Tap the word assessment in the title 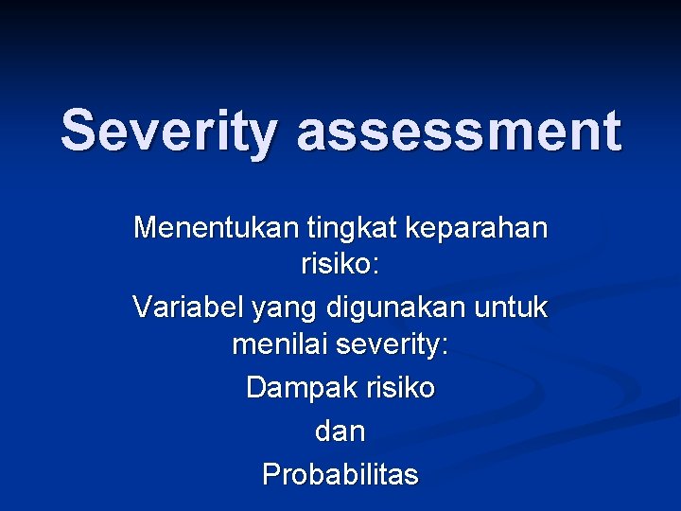pos(459,132)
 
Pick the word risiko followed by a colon pos(340,265)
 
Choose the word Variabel pos(188,307)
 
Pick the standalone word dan pos(340,432)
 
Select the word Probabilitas pos(340,473)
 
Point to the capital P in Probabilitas pos(271,473)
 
